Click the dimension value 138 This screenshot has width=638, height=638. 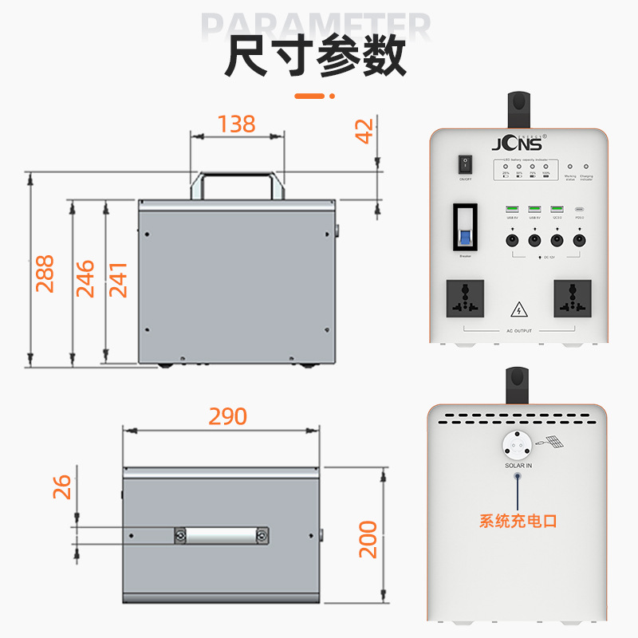coord(237,124)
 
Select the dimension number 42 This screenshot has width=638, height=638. coord(364,131)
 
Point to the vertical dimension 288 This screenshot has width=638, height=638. coord(45,274)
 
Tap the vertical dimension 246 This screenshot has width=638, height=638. coord(85,278)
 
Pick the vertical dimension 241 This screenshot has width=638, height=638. coord(118,278)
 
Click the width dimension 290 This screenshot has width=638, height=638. coord(228,416)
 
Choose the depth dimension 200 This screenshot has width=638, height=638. coord(367,539)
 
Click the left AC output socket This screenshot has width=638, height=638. coord(464,300)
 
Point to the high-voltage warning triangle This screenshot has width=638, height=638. coord(518,309)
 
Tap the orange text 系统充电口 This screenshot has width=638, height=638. coord(518,522)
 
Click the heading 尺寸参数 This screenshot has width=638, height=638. coord(316,56)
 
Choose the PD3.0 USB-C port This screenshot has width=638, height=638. coord(580,211)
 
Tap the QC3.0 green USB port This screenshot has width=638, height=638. coord(557,210)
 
